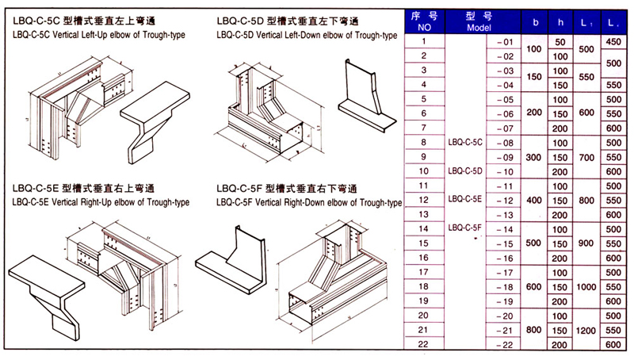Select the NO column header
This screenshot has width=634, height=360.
(424, 21)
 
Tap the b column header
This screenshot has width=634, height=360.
(536, 21)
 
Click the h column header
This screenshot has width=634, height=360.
(560, 21)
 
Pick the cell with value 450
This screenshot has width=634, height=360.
(613, 41)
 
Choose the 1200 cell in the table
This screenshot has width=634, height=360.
(587, 329)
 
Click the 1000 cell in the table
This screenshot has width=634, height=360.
(587, 285)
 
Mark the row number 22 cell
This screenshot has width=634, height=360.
(424, 343)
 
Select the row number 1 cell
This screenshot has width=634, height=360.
(424, 41)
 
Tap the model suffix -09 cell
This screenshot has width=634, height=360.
(504, 156)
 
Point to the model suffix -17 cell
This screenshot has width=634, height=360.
(504, 271)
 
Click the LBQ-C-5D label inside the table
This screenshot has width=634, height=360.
(465, 170)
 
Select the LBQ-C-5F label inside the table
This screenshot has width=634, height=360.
(465, 228)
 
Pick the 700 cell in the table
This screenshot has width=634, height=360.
(587, 156)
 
